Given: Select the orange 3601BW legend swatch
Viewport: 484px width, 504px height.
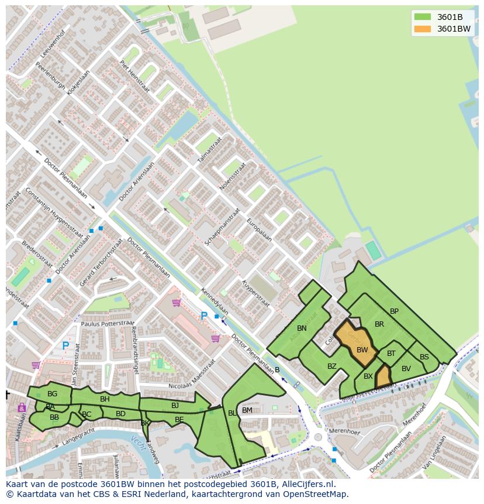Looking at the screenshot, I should [x=422, y=29].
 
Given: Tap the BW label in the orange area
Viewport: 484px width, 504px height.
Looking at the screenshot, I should [x=362, y=350].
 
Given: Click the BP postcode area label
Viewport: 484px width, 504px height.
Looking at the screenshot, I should [x=394, y=311].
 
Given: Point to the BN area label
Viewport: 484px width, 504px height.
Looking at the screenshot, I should [x=302, y=328].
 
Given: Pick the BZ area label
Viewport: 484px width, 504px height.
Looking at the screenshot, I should [x=332, y=366].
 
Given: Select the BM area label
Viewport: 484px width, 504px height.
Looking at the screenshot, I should [x=247, y=410].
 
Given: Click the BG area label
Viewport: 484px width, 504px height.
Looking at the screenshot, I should [x=52, y=394].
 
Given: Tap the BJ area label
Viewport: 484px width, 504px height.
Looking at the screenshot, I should [x=175, y=405].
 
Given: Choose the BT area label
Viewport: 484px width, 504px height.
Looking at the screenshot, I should [x=391, y=354].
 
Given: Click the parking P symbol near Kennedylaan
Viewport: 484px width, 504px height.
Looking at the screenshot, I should [x=204, y=317].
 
